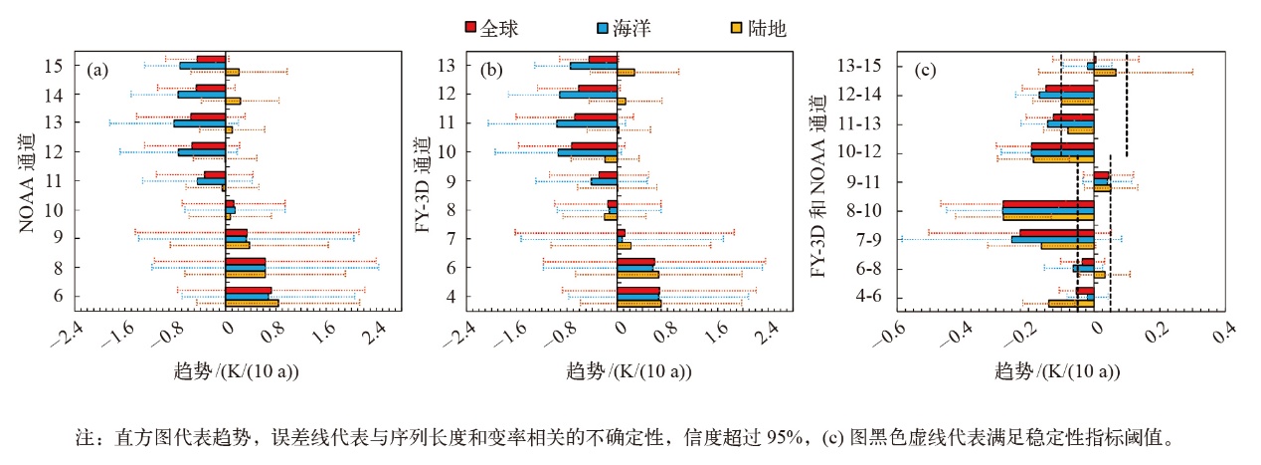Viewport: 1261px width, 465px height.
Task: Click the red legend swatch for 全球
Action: pyautogui.click(x=471, y=29)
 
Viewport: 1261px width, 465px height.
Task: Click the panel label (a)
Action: pyautogui.click(x=97, y=70)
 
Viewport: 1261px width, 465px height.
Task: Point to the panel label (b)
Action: pyautogui.click(x=491, y=70)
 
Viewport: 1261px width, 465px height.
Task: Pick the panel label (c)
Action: pyautogui.click(x=925, y=70)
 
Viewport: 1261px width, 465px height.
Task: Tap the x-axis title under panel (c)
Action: pyautogui.click(x=1057, y=371)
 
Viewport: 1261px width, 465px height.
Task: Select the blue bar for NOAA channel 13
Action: pyautogui.click(x=200, y=123)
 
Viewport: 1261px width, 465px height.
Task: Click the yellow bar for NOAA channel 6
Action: pyautogui.click(x=253, y=304)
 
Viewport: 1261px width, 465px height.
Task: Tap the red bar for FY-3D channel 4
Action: pyautogui.click(x=638, y=291)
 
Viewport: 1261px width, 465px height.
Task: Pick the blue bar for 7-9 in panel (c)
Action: pyautogui.click(x=1052, y=239)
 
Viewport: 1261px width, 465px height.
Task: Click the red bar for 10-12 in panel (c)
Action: pyautogui.click(x=1062, y=145)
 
